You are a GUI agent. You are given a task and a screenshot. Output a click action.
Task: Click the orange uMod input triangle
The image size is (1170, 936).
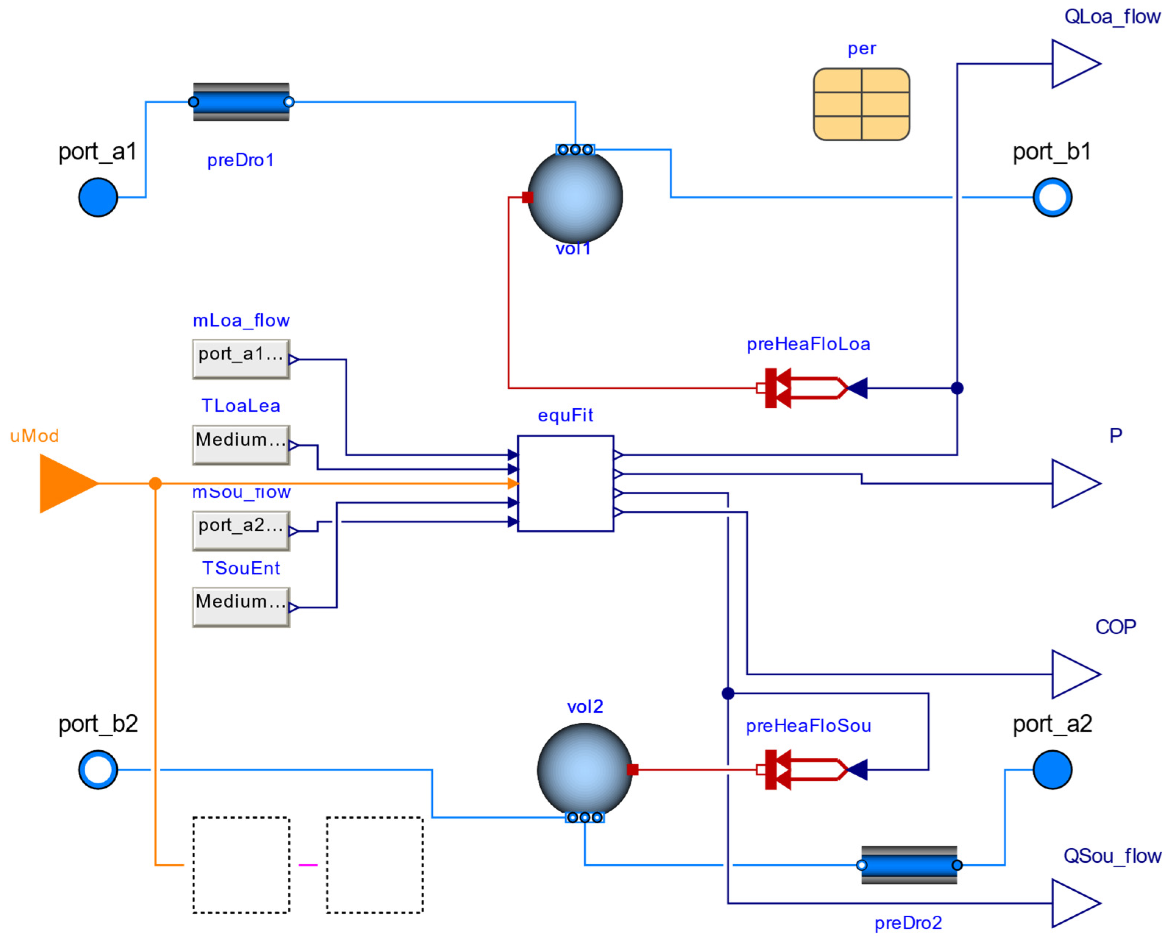point(65,484)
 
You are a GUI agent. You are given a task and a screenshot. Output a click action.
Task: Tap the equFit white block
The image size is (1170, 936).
point(565,484)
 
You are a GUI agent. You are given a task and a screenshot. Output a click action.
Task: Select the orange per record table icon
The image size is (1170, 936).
point(861,104)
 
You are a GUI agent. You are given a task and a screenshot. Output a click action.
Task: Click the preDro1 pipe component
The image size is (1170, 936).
point(241,102)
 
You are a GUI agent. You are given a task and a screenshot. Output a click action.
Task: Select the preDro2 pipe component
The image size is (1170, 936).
point(909,865)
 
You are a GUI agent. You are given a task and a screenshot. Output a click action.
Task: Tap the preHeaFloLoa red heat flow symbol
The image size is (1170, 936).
point(803,388)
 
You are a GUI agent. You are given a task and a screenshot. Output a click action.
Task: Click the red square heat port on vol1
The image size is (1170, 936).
point(527,197)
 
